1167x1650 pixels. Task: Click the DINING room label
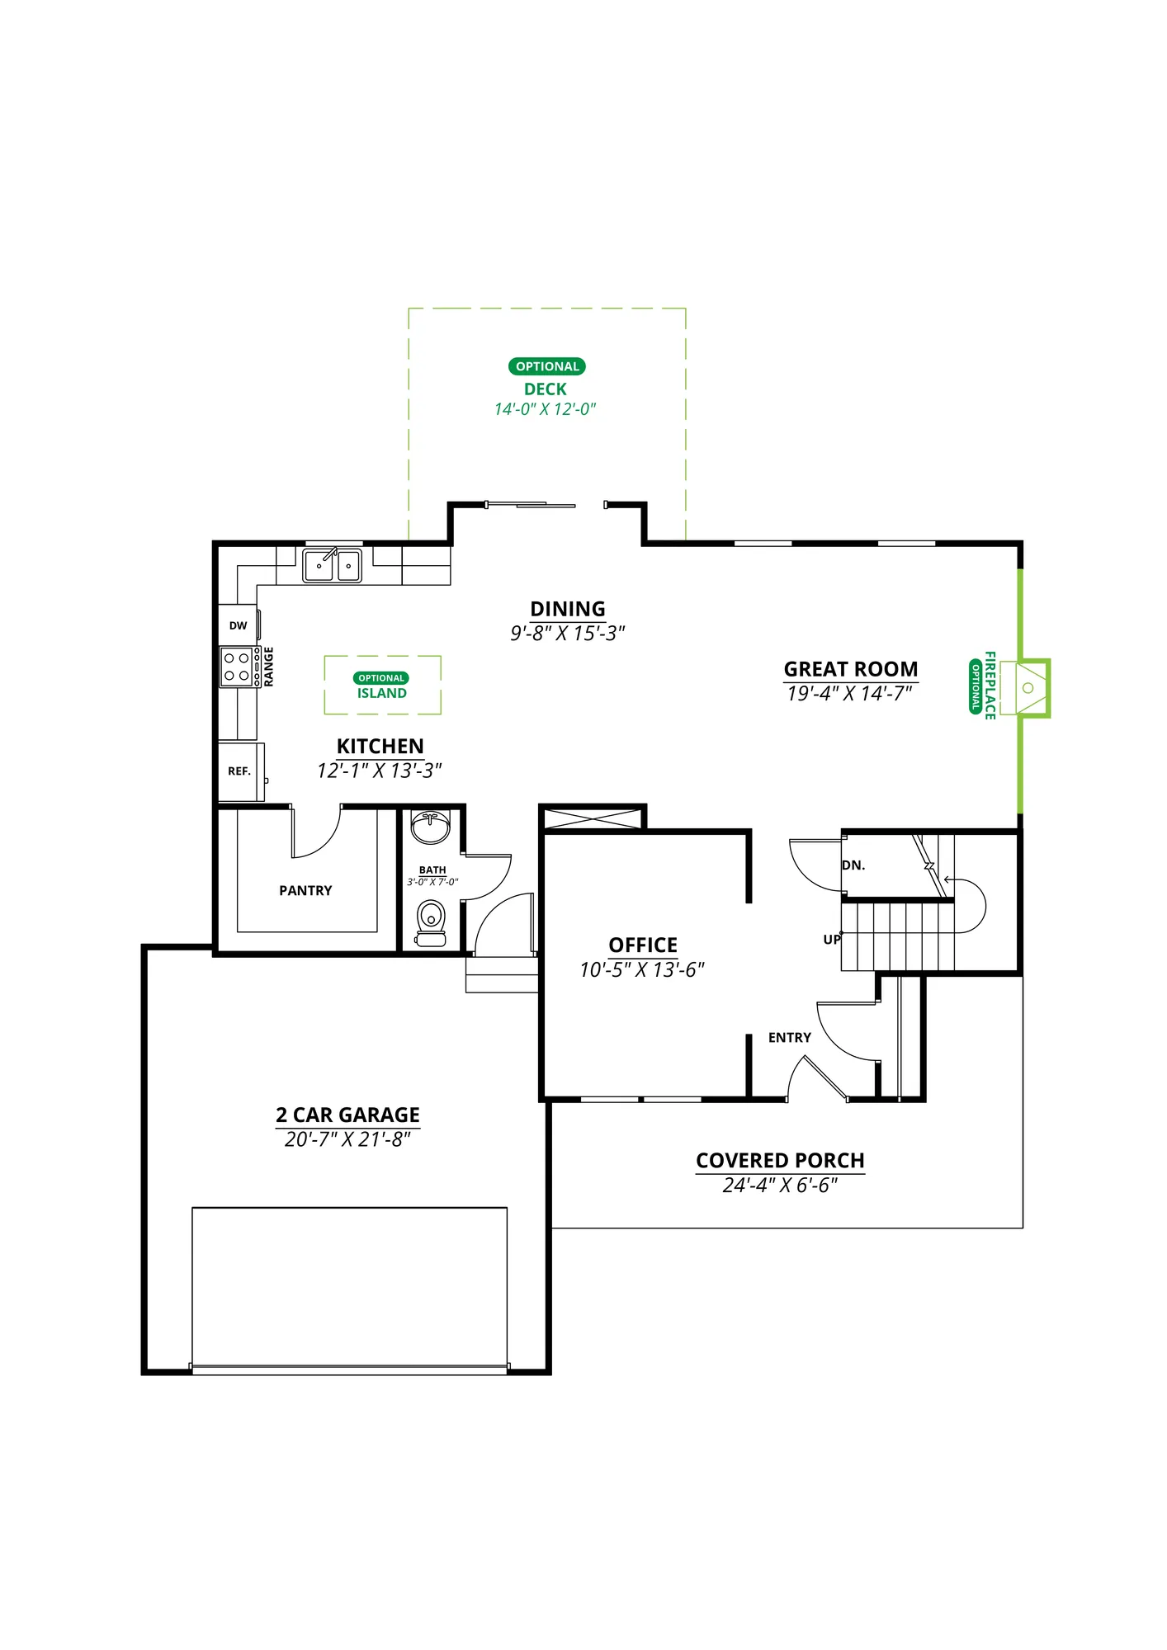568,609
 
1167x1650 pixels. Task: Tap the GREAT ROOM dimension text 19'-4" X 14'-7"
850,693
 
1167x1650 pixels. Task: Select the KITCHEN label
380,746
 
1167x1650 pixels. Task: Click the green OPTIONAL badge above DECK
546,366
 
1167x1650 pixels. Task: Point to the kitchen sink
333,565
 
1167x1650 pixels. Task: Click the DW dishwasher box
239,625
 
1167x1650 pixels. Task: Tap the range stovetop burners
237,667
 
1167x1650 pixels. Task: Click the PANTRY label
305,890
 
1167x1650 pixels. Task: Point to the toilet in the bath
431,923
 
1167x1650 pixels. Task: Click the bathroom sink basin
431,827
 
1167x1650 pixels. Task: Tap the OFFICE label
643,945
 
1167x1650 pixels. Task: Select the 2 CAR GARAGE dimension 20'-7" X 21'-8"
347,1139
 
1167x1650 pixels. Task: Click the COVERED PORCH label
780,1160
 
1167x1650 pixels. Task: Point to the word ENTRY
790,1037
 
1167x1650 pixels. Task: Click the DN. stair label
853,865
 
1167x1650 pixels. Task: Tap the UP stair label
832,940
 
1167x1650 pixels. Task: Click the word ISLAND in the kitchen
382,693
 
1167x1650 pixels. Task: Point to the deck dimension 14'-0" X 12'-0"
545,409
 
